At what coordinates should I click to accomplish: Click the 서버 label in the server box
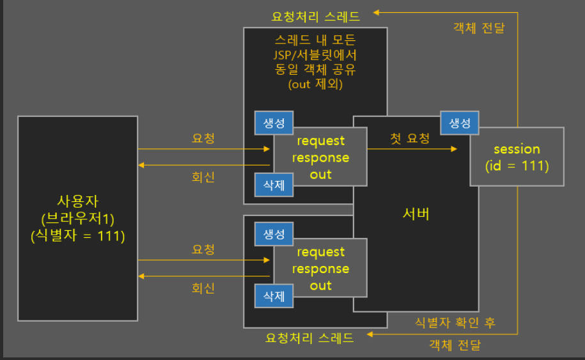[x=416, y=214]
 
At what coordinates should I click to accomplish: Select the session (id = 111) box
[x=517, y=157]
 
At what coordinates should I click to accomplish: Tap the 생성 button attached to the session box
[x=460, y=122]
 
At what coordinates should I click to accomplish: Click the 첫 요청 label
[x=410, y=137]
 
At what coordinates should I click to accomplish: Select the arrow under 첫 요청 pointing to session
[x=412, y=149]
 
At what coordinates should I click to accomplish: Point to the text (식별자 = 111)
[x=77, y=235]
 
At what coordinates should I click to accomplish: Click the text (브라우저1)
[x=77, y=219]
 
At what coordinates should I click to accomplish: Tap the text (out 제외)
[x=315, y=84]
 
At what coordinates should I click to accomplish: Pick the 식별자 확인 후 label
[x=455, y=322]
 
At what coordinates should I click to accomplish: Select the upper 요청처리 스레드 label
[x=315, y=16]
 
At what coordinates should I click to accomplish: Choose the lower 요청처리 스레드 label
[x=309, y=338]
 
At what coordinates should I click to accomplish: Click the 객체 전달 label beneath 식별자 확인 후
[x=455, y=345]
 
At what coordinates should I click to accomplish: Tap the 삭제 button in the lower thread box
[x=274, y=296]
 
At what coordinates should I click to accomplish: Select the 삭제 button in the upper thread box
[x=274, y=185]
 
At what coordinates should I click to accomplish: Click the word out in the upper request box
[x=320, y=174]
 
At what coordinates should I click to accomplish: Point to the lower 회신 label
[x=203, y=288]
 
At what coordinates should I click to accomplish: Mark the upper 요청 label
[x=203, y=137]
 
